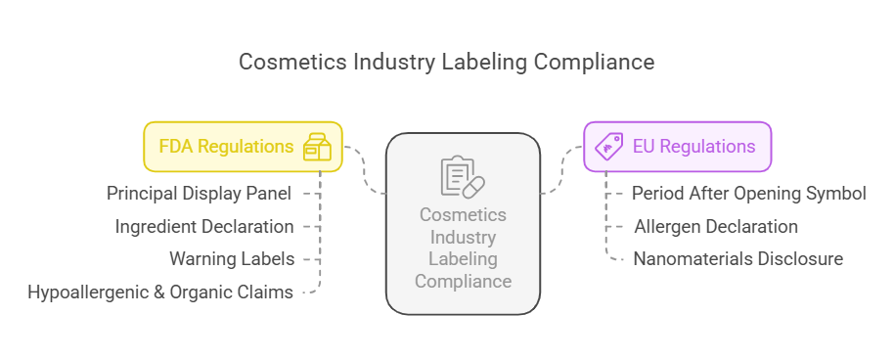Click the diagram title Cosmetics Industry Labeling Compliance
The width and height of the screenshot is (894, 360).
447,62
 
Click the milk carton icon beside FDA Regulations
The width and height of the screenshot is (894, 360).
317,147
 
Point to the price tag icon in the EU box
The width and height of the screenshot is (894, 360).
609,147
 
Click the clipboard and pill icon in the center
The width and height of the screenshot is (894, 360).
463,176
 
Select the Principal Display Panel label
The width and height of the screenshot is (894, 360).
199,193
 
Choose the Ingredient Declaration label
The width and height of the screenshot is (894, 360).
204,226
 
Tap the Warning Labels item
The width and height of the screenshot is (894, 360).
232,259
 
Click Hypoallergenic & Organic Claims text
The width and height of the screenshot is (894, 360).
160,292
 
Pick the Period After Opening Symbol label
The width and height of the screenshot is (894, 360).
748,193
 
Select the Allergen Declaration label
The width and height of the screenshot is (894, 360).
716,226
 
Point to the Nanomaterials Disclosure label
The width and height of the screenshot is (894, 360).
738,259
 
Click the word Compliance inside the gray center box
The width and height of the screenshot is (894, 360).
463,282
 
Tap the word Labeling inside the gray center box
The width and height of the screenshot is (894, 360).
463,259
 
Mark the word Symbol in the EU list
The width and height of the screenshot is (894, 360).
838,193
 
